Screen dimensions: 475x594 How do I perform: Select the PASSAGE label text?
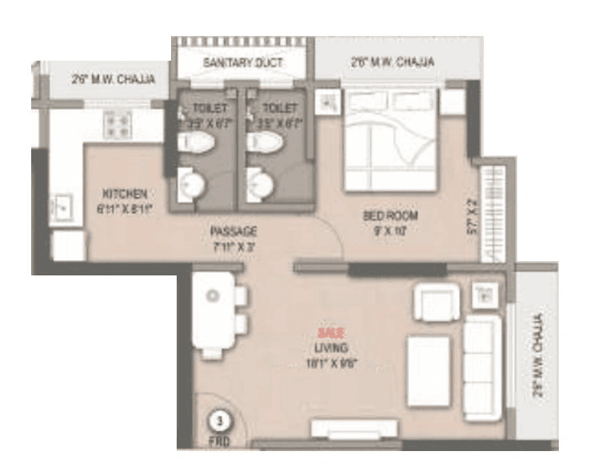233,231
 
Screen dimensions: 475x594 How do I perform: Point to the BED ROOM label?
391,216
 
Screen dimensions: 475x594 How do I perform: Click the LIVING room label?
329,349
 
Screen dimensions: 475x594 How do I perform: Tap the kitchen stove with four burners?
118,123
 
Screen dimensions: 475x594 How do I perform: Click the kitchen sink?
62,206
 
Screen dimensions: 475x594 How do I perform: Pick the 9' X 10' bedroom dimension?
391,228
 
